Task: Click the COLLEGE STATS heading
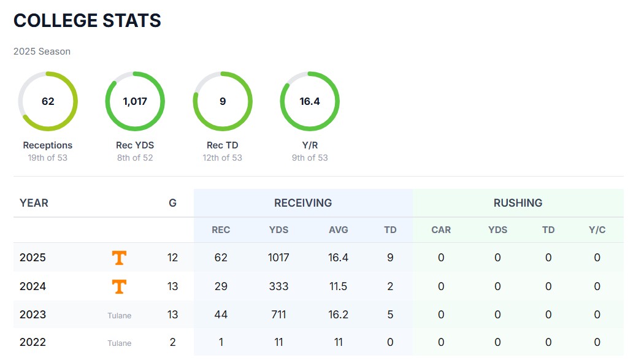click(87, 20)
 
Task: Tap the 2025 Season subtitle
click(42, 52)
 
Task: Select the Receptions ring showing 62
click(48, 101)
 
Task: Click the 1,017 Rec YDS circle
click(135, 101)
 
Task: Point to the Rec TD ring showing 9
click(223, 101)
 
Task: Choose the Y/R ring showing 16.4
click(310, 101)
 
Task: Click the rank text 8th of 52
click(135, 158)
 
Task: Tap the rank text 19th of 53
click(48, 158)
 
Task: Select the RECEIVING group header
click(303, 202)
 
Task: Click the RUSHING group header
click(518, 202)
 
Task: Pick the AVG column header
click(338, 230)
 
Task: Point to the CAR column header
click(441, 230)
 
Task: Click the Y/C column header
click(597, 230)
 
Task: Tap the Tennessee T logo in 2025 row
click(119, 258)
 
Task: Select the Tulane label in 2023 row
click(119, 315)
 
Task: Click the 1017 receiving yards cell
click(278, 258)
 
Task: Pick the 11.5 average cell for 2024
click(338, 286)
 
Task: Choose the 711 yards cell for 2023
click(278, 315)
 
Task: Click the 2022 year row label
click(33, 342)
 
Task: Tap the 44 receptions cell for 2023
click(221, 315)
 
